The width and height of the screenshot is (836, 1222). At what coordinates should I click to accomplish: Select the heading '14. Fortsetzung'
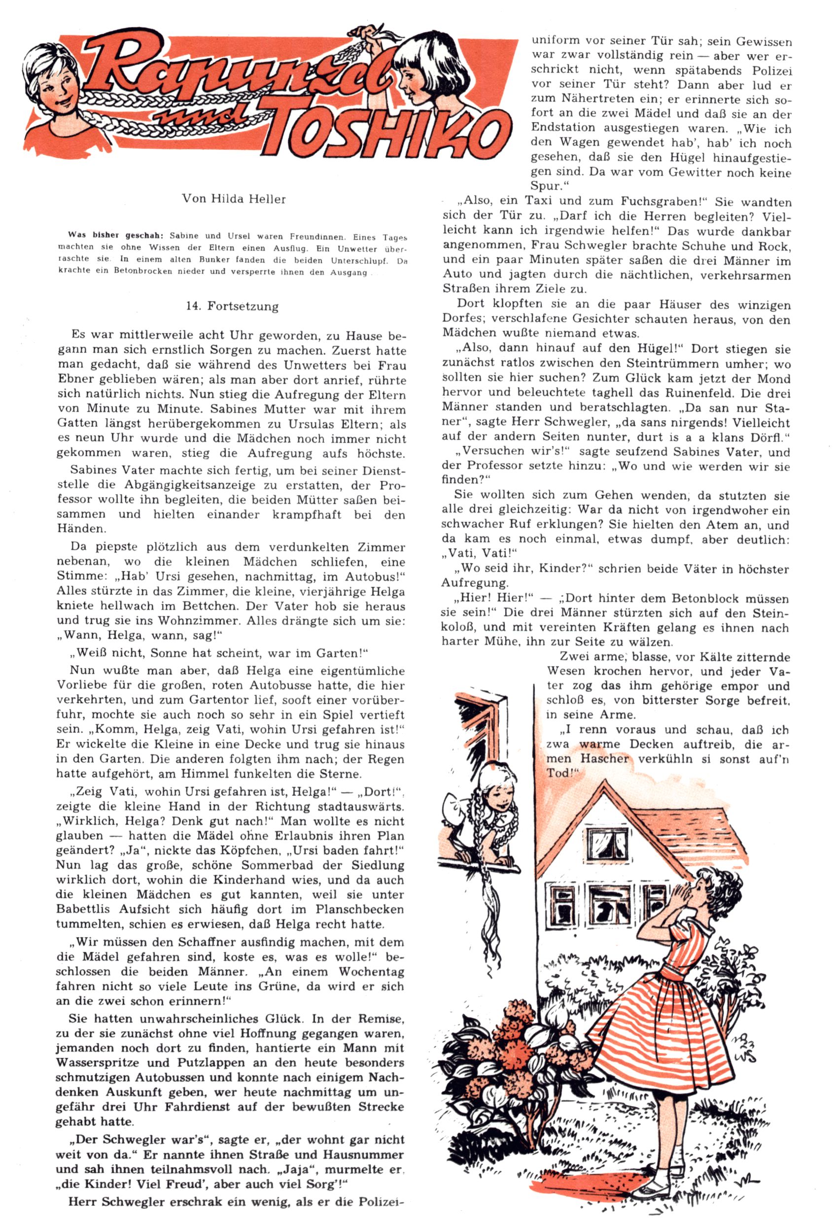232,306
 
